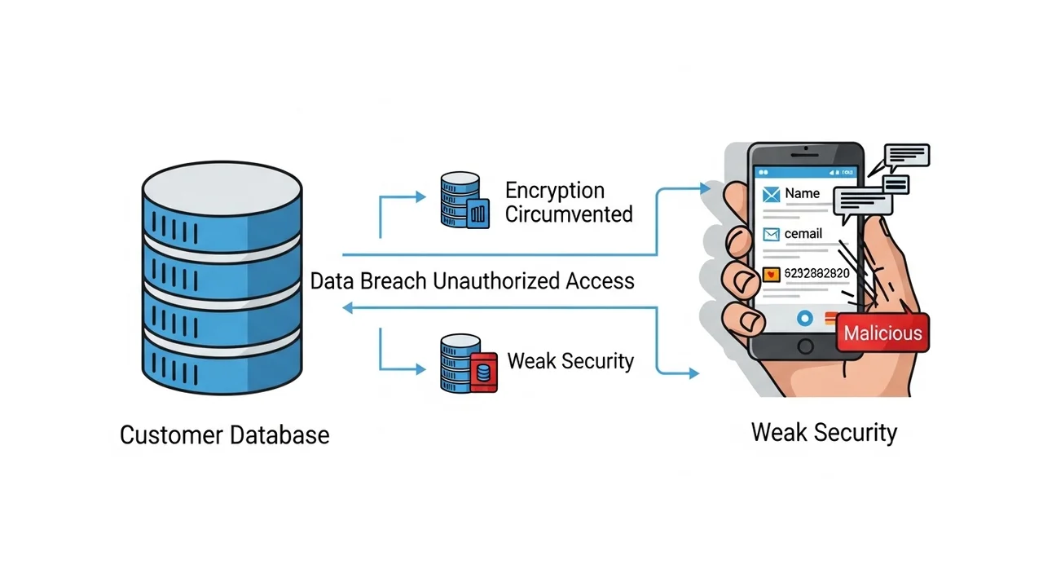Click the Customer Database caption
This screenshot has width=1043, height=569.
(x=224, y=434)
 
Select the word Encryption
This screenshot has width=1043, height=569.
(x=555, y=191)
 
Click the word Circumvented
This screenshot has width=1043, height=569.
(x=569, y=214)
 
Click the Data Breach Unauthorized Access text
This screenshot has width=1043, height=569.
(x=472, y=281)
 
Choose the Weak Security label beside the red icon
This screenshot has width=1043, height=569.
(x=570, y=360)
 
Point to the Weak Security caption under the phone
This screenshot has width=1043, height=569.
(x=823, y=431)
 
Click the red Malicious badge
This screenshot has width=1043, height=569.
(x=882, y=332)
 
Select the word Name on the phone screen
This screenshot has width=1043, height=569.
(x=802, y=194)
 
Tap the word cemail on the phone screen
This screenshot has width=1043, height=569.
(x=803, y=234)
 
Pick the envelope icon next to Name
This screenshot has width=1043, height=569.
(x=771, y=194)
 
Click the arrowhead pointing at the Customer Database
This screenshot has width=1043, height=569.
(x=348, y=307)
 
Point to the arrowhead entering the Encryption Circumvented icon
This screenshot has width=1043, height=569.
(x=420, y=196)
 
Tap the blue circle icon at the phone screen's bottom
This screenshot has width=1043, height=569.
(x=805, y=317)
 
